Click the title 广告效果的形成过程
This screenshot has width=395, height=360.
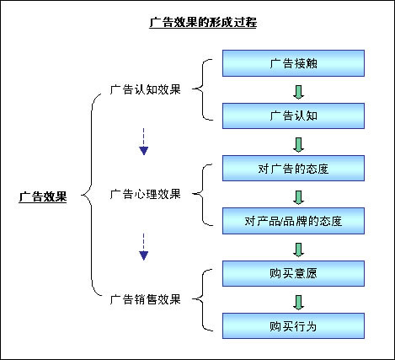click(203, 22)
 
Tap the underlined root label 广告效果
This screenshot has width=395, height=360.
click(43, 196)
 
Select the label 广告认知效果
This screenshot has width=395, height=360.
click(145, 89)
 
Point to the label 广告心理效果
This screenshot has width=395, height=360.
click(145, 194)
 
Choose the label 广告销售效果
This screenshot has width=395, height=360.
click(145, 299)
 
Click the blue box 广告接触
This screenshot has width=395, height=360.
click(293, 63)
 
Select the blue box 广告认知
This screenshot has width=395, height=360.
click(293, 116)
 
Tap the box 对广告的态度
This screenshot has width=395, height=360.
click(293, 169)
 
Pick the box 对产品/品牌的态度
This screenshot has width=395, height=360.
click(293, 221)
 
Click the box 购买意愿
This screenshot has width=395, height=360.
click(293, 273)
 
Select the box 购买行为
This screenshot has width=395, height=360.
click(293, 326)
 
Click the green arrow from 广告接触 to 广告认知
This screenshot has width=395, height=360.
click(298, 92)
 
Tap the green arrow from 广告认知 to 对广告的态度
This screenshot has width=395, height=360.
click(298, 144)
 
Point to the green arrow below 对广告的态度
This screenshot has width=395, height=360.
click(298, 197)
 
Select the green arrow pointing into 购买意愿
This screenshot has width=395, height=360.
click(298, 250)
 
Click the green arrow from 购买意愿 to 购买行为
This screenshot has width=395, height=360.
click(298, 303)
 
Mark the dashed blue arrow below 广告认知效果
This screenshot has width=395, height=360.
click(143, 142)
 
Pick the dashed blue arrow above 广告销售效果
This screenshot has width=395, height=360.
click(143, 246)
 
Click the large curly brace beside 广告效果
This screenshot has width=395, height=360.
click(91, 195)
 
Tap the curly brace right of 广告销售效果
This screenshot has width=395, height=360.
click(203, 299)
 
